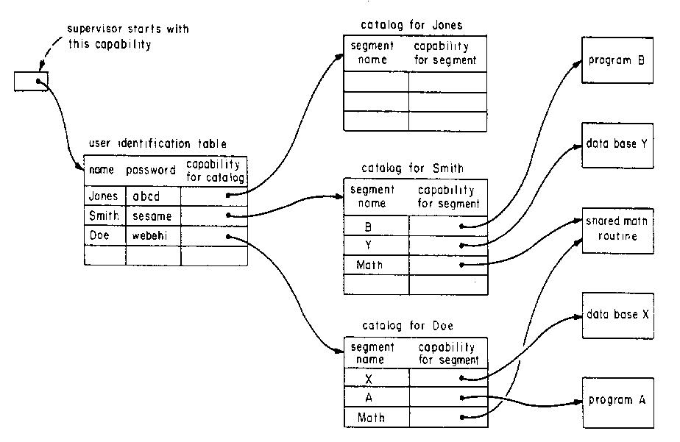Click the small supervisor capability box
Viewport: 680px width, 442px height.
[x=31, y=80]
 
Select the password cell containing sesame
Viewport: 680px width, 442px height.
[x=153, y=216]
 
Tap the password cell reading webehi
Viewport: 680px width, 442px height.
[x=153, y=236]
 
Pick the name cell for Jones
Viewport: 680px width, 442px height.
[x=105, y=196]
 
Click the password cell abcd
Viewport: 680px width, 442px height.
[x=153, y=196]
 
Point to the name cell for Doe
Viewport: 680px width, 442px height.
[x=105, y=236]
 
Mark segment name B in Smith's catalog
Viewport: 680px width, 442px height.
[x=376, y=226]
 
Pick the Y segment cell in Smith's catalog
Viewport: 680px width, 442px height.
[x=376, y=245]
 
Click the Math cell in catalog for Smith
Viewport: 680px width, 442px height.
[x=376, y=265]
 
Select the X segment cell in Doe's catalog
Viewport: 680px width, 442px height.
[x=376, y=378]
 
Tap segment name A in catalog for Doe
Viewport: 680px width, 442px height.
[x=376, y=398]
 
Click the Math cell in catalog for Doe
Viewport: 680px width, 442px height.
[x=376, y=418]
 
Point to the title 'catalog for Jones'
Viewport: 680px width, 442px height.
[x=411, y=25]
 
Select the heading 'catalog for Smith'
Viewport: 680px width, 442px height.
[x=412, y=168]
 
